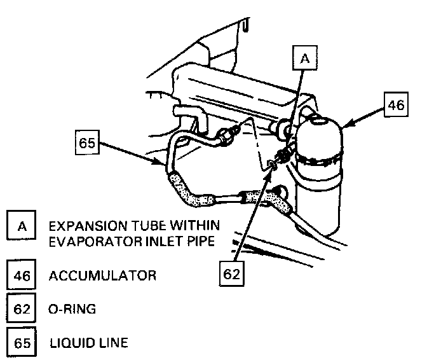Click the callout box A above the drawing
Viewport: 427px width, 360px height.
304,59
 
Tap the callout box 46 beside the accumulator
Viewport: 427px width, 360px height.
396,105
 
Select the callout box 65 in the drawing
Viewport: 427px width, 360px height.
87,143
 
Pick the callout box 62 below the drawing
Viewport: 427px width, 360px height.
233,274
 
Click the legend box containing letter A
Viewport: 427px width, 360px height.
22,226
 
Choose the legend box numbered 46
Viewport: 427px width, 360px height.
22,276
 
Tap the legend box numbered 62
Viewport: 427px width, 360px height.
22,310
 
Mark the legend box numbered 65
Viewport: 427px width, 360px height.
22,344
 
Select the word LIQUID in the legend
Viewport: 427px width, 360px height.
72,344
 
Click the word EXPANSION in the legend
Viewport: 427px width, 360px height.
82,226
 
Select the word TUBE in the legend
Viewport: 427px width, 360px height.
143,226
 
